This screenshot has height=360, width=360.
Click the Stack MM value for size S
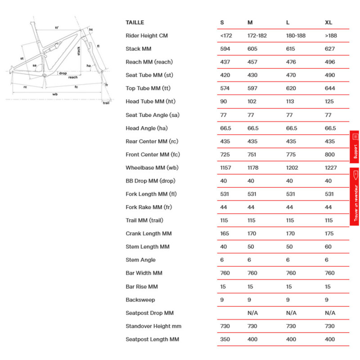pyautogui.click(x=225, y=49)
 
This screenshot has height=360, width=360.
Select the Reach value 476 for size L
pyautogui.click(x=291, y=62)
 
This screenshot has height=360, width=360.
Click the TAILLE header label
pyautogui.click(x=135, y=22)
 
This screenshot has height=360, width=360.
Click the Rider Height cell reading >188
pyautogui.click(x=331, y=36)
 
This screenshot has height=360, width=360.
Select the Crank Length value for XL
pyautogui.click(x=329, y=234)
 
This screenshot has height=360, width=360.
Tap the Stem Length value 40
pyautogui.click(x=224, y=247)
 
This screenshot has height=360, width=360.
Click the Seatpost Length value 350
pyautogui.click(x=225, y=339)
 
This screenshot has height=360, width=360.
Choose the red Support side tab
pyautogui.click(x=355, y=147)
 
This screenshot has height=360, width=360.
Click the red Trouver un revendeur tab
pyautogui.click(x=355, y=197)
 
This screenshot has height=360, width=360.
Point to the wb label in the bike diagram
pyautogui.click(x=55, y=94)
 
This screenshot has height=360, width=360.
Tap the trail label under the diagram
pyautogui.click(x=106, y=103)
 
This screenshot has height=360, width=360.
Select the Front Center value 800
pyautogui.click(x=330, y=154)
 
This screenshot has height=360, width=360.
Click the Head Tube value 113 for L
pyautogui.click(x=291, y=102)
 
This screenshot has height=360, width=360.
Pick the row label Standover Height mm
pyautogui.click(x=153, y=326)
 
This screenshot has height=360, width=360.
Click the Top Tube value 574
pyautogui.click(x=225, y=88)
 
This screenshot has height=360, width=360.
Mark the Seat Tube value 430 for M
pyautogui.click(x=253, y=75)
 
